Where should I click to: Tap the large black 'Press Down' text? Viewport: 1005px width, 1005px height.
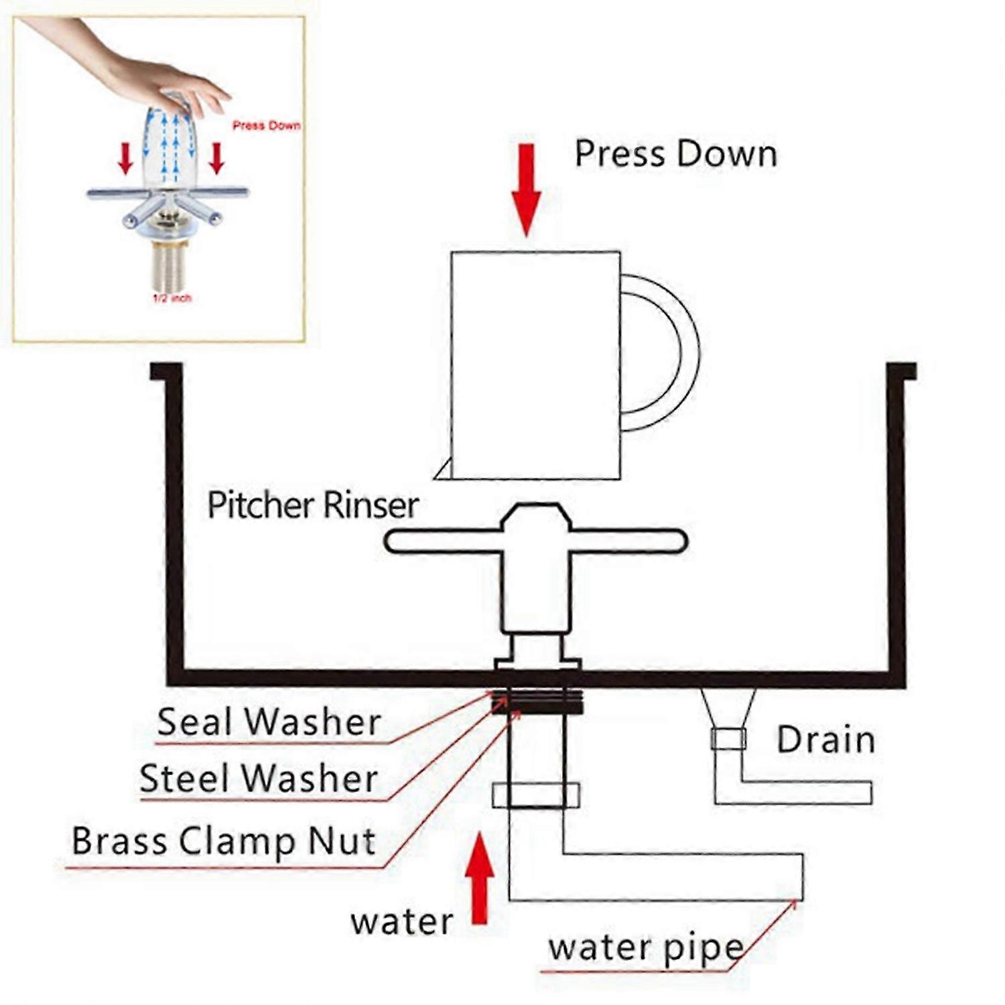(x=675, y=154)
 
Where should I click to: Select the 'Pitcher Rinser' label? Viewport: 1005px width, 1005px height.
(x=313, y=505)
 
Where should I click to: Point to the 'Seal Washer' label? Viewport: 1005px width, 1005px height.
(x=269, y=722)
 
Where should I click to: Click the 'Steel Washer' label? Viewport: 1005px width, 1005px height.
(x=259, y=779)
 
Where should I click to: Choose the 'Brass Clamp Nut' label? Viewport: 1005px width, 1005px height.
(x=223, y=841)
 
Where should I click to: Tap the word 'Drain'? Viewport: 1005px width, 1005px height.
(x=825, y=740)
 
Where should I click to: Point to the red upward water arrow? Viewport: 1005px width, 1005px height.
(x=480, y=878)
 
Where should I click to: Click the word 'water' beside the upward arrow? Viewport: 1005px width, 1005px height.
(x=402, y=923)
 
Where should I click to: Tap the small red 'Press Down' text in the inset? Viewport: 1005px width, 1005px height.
(x=266, y=125)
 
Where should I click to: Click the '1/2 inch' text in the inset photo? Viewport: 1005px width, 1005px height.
(x=172, y=298)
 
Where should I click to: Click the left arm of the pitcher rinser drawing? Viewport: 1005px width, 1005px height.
(x=442, y=541)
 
